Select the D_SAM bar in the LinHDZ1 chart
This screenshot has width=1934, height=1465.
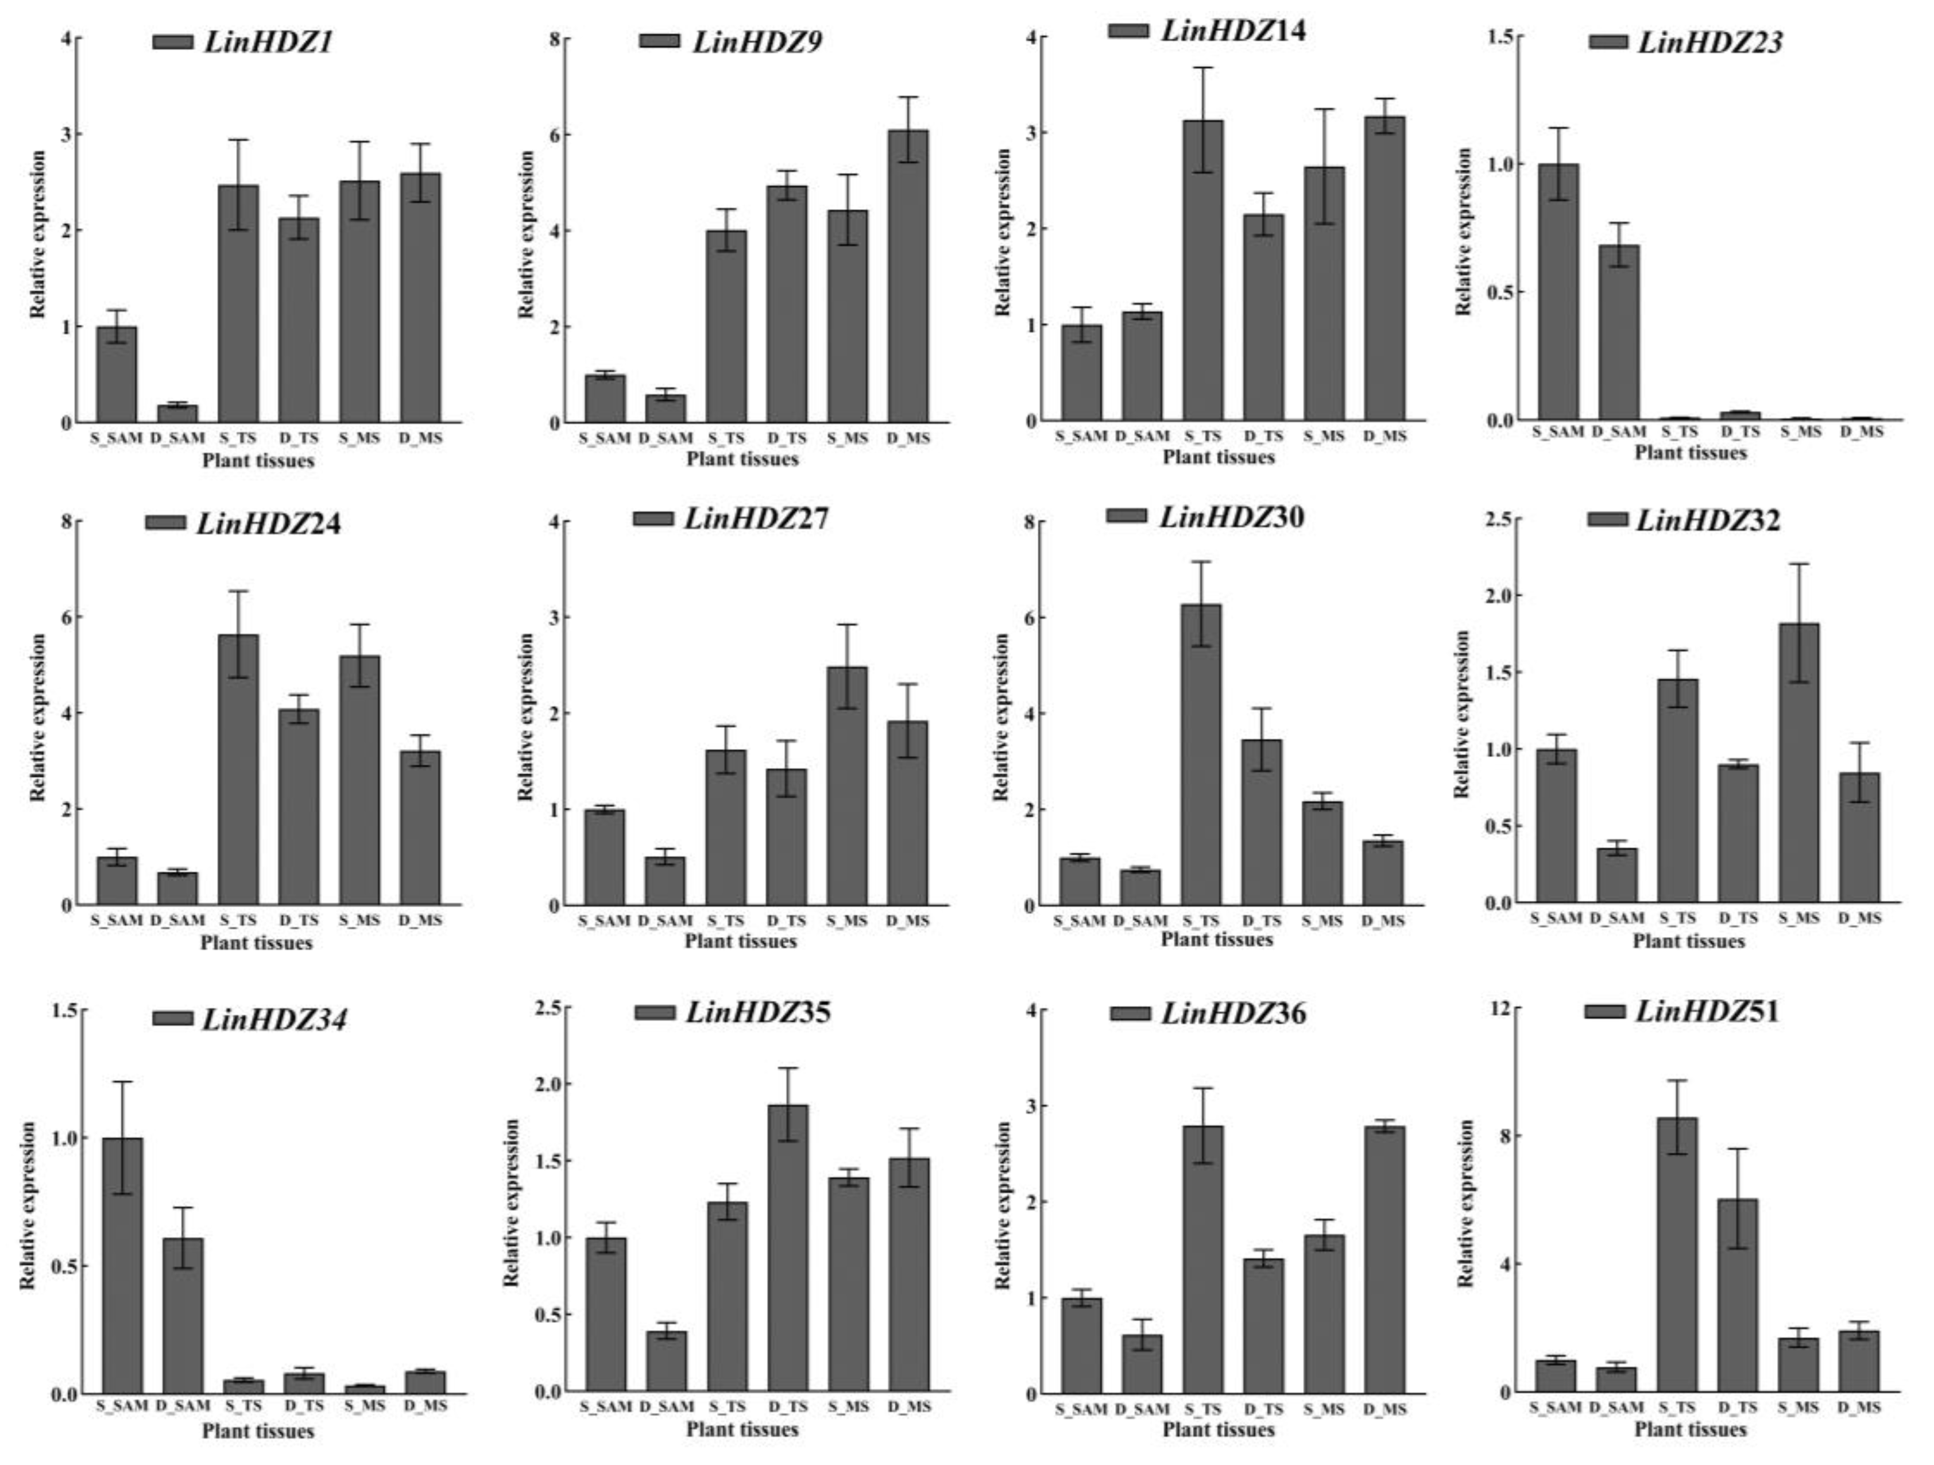177,413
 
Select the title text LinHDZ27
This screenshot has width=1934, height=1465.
756,519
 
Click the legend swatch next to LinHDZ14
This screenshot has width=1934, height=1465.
1128,30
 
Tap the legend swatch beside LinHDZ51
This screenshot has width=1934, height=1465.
1604,1012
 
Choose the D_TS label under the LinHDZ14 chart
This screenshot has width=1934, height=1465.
1263,435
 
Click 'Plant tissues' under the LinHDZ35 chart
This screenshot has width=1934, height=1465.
741,1429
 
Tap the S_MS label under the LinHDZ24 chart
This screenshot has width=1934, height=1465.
360,920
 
